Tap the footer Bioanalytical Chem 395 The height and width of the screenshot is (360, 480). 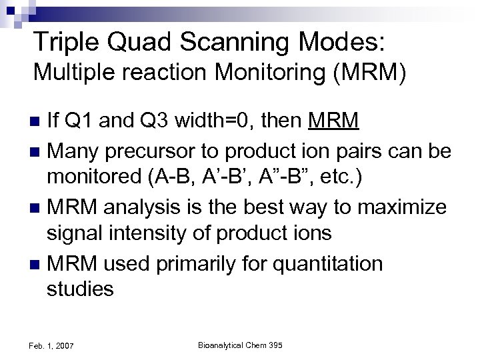pyautogui.click(x=241, y=345)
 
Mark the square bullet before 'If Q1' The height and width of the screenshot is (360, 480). pyautogui.click(x=37, y=122)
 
